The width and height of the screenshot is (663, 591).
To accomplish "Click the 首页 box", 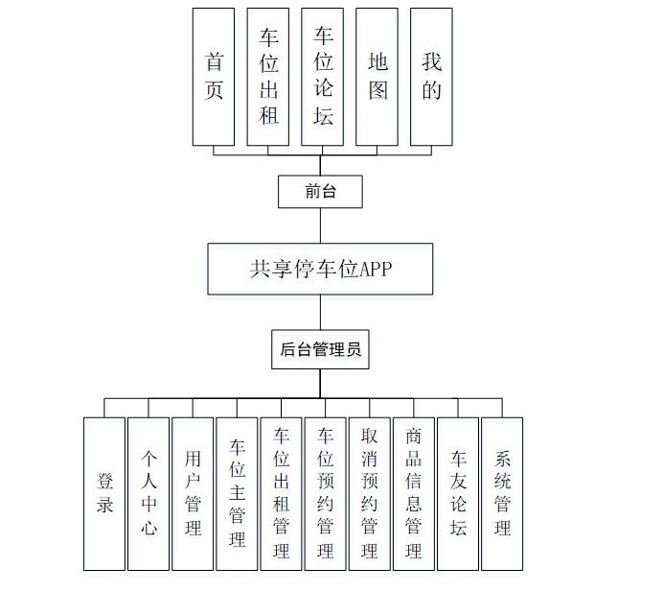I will [x=214, y=77].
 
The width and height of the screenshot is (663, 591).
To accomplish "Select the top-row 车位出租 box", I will [x=268, y=77].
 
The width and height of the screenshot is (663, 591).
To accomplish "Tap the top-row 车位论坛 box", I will [x=323, y=77].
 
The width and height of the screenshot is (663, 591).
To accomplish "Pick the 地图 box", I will [x=377, y=77].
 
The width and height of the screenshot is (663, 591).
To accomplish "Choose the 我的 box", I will [x=432, y=77].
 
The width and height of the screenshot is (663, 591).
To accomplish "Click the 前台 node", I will [x=320, y=192].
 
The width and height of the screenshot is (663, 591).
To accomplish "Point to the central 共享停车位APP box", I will [x=320, y=269].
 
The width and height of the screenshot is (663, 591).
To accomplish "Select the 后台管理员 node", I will [x=320, y=350].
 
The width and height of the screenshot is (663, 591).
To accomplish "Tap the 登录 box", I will [x=104, y=493].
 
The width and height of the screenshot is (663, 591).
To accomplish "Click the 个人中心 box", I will [x=149, y=493].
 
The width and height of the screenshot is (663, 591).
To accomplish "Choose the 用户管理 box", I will [x=193, y=493].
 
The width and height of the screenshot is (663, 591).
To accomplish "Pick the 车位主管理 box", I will [x=237, y=493].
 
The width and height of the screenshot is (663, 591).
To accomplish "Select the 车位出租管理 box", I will [x=281, y=493].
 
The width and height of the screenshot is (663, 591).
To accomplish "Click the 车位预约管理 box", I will [x=325, y=493].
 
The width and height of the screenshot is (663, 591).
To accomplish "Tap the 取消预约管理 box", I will [x=369, y=493].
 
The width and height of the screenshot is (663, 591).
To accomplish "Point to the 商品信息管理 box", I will [x=413, y=493].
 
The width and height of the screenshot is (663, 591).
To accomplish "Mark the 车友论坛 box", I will [x=458, y=493].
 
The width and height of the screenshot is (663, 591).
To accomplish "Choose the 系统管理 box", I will [x=502, y=493].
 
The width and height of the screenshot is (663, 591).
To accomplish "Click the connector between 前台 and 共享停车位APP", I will [x=320, y=225].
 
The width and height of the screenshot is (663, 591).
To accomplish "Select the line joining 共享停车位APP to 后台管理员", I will [x=320, y=313].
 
